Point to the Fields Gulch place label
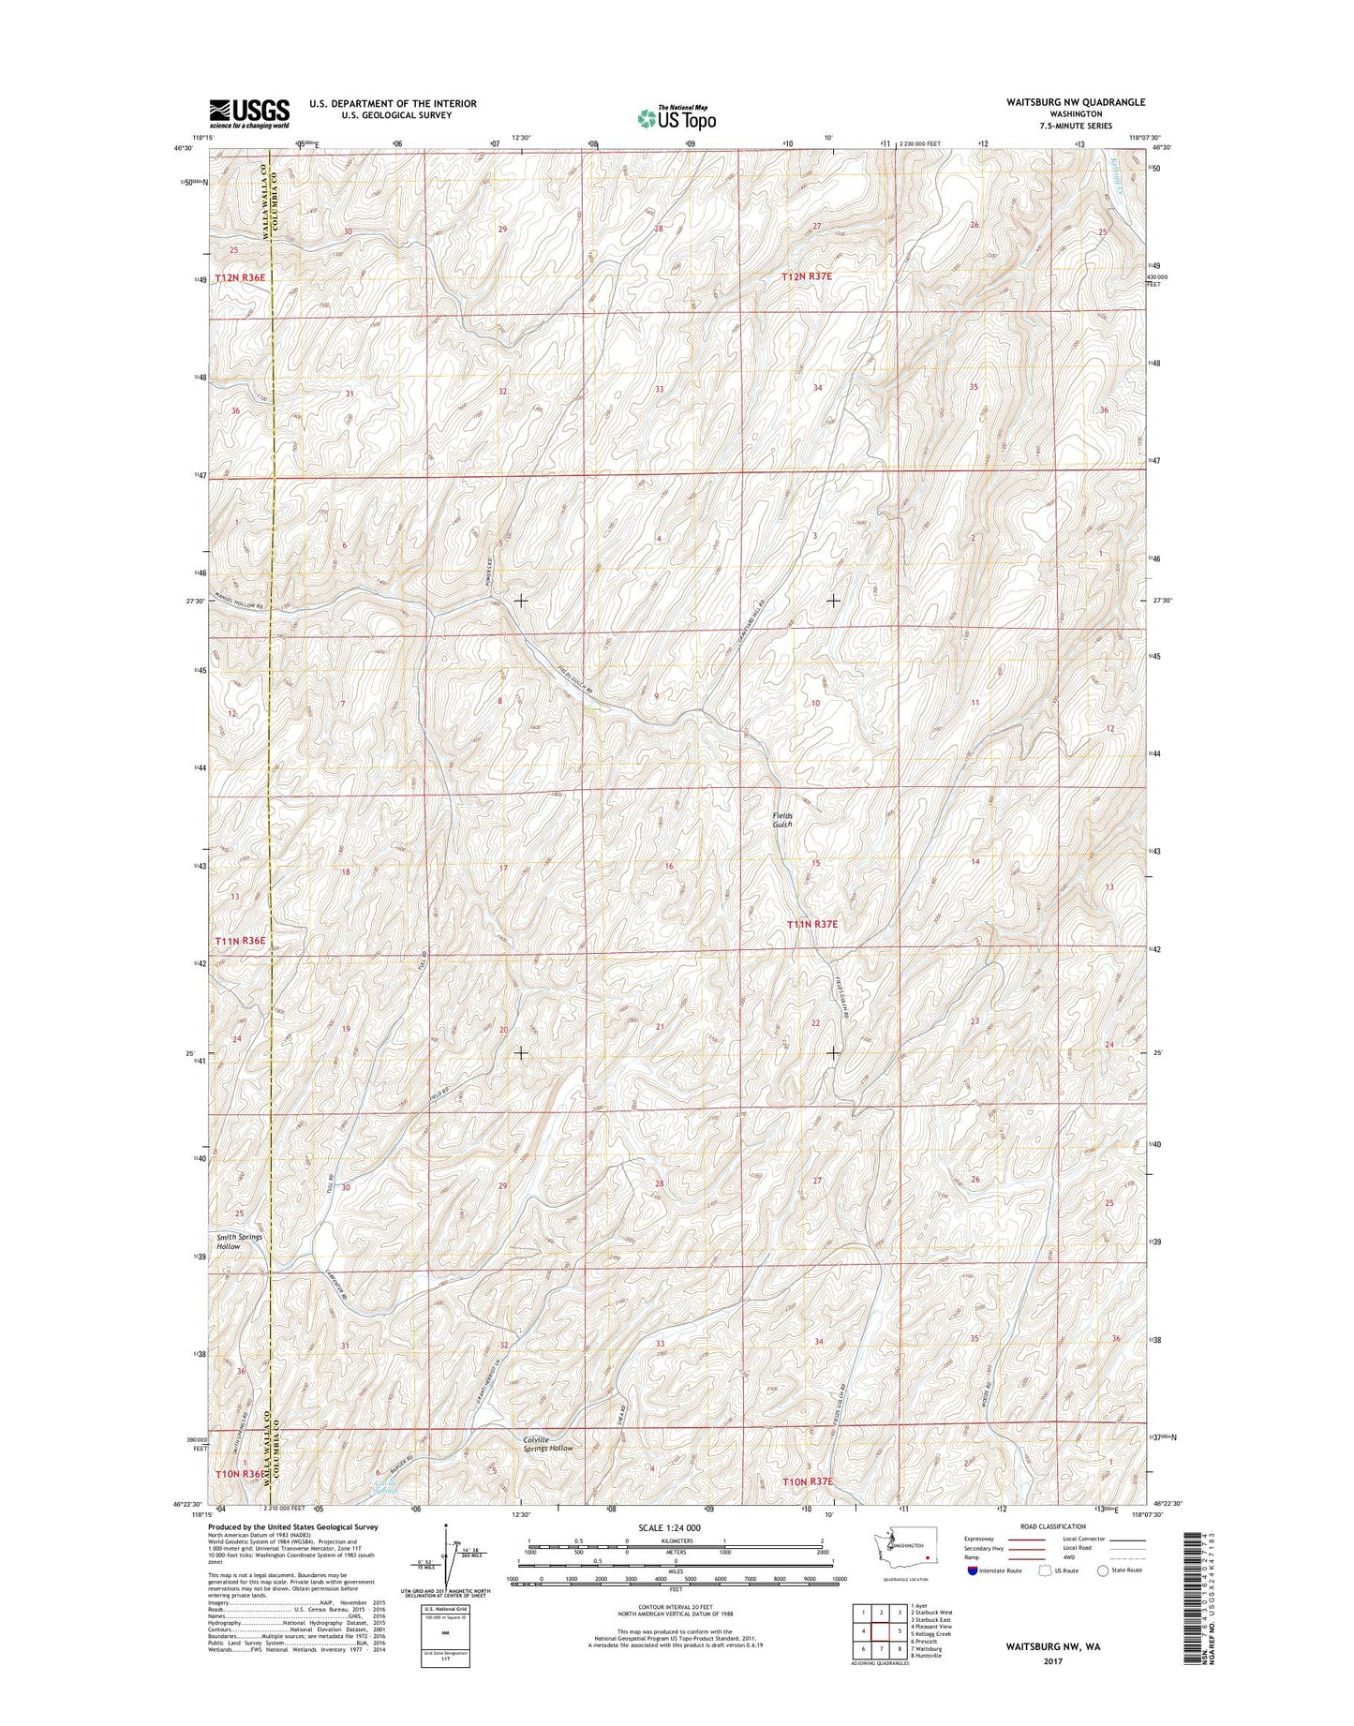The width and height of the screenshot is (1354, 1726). tap(782, 820)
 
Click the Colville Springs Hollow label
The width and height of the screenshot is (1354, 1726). tap(548, 1470)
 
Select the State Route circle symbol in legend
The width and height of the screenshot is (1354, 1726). tap(1104, 1596)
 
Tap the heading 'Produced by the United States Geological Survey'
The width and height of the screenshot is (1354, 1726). tap(292, 1553)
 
